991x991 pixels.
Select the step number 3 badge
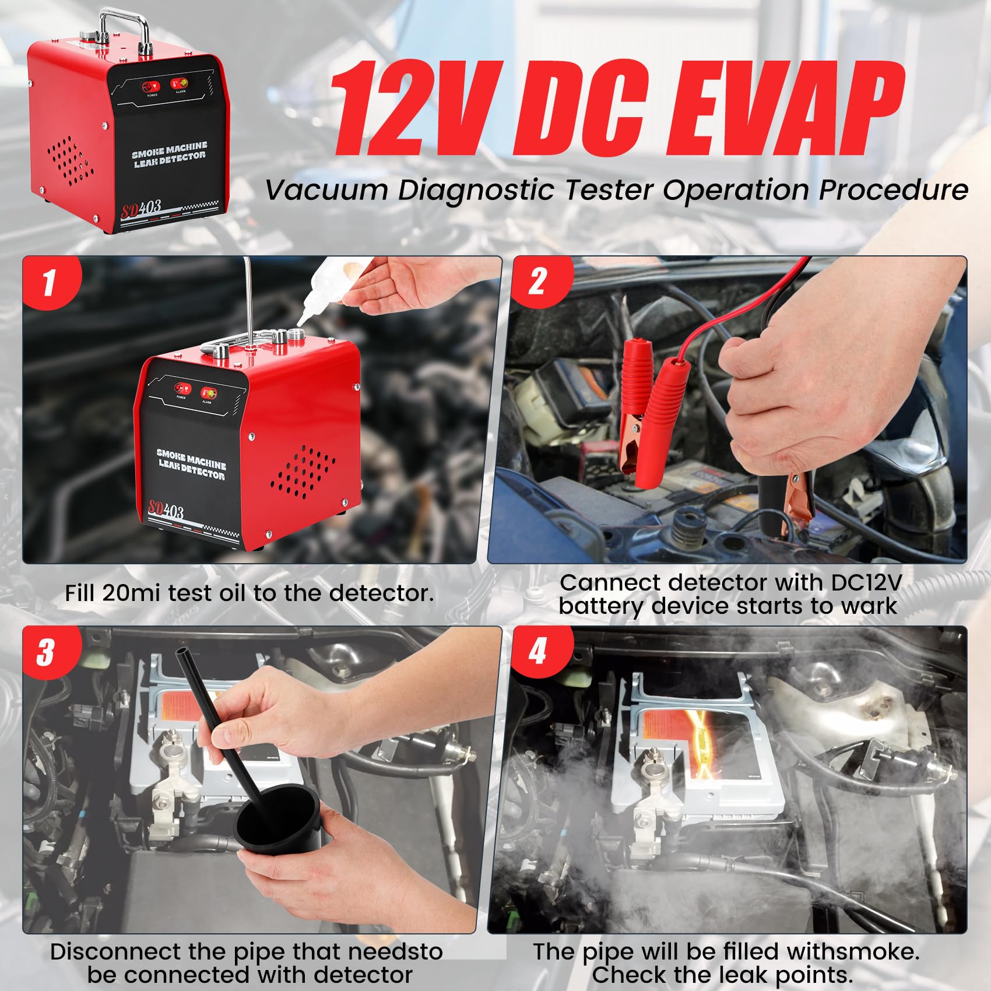pyautogui.click(x=46, y=652)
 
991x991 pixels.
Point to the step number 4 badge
pyautogui.click(x=537, y=651)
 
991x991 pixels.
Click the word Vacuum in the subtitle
pyautogui.click(x=326, y=191)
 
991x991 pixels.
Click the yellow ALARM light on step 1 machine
pyautogui.click(x=208, y=392)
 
